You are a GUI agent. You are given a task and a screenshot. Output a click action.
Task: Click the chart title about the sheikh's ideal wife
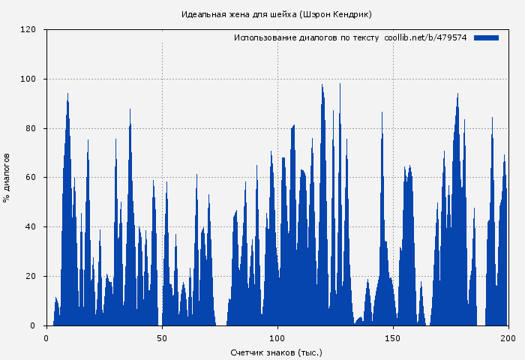point(277,14)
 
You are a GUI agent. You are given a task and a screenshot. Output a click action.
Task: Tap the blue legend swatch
point(486,37)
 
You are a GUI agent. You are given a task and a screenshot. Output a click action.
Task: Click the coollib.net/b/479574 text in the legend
point(425,37)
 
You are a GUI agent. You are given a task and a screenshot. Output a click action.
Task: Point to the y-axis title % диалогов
point(7,178)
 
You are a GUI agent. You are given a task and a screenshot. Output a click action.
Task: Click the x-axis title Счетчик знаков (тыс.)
point(277,352)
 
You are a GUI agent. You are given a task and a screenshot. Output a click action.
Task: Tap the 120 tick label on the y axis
point(28,30)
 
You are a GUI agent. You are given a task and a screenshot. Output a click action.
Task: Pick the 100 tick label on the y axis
point(28,79)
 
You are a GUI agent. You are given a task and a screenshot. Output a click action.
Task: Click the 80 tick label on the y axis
point(31,129)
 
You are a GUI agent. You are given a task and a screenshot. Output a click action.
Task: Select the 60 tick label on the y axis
point(31,178)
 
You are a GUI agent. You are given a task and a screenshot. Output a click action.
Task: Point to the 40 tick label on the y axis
point(31,227)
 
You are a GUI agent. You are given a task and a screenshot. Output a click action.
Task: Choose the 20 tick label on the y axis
point(31,277)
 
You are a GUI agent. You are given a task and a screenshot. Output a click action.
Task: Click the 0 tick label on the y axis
point(33,326)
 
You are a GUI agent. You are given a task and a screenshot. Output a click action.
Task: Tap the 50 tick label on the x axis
point(162,338)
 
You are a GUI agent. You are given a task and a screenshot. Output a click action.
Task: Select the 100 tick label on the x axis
point(277,338)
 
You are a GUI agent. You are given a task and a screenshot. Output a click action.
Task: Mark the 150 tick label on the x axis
point(393,338)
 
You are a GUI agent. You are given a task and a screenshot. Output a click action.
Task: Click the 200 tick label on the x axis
point(508,338)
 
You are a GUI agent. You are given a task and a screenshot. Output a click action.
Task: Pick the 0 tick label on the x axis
point(46,338)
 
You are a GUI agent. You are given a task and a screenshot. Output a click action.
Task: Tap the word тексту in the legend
point(366,37)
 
